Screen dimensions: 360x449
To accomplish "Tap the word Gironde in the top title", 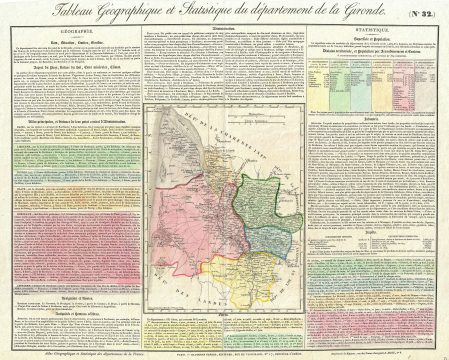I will (365, 12).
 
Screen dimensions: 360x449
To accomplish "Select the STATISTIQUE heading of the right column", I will (374, 30).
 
